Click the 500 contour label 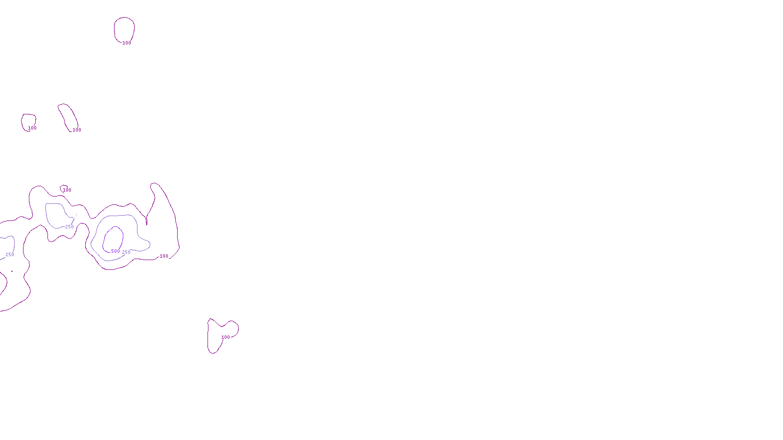click(x=115, y=251)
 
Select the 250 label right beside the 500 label click(x=126, y=252)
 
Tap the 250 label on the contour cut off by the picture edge click(x=10, y=255)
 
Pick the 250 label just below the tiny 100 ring click(x=69, y=227)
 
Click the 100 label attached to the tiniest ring click(x=68, y=190)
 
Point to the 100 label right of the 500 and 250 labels click(x=164, y=256)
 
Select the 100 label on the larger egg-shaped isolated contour click(x=127, y=43)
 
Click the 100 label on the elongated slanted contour click(x=77, y=130)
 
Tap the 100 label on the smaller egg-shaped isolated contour click(x=32, y=128)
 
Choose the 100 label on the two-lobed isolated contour click(x=226, y=337)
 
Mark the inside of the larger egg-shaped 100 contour click(x=124, y=29)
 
